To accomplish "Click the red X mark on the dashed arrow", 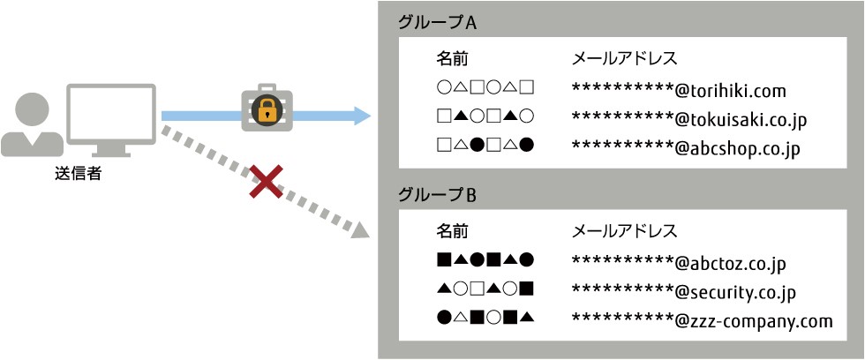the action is [x=266, y=182].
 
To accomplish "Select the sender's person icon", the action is [x=32, y=124].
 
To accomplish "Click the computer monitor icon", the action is [x=111, y=120].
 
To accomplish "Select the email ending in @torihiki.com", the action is [x=679, y=90].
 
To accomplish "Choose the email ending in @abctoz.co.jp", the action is [x=679, y=263].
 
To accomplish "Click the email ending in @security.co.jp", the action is [x=684, y=292].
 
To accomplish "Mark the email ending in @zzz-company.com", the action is [x=702, y=321].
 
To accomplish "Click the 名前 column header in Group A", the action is [x=454, y=58].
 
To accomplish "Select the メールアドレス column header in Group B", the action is [x=625, y=230].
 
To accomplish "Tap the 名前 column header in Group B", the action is [x=454, y=230].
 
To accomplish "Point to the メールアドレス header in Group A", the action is [x=625, y=58].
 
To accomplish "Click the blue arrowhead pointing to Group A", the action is [x=361, y=116].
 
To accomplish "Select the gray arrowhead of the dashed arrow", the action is [x=360, y=230].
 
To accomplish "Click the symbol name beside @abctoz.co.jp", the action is [x=485, y=259].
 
